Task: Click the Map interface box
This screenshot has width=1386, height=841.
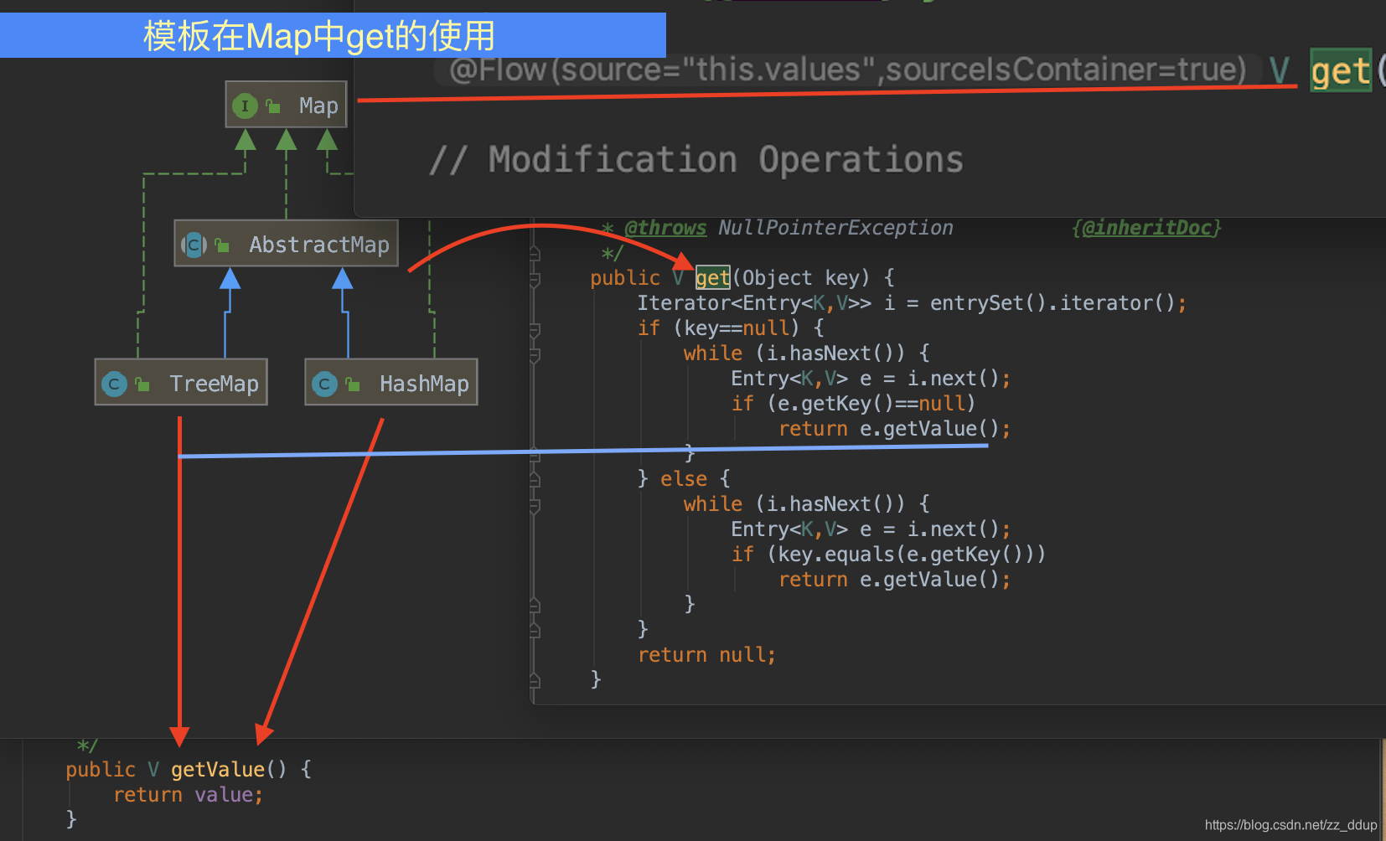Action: (286, 105)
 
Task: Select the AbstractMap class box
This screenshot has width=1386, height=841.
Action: (286, 244)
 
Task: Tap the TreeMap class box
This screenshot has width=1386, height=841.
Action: (181, 383)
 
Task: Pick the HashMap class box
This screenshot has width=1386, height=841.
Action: (391, 383)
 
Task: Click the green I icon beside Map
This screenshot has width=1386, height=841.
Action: (244, 106)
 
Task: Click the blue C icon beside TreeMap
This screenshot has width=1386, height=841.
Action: (114, 384)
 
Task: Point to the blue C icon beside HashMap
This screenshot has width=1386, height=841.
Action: (324, 384)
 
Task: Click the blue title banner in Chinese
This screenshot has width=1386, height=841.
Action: (333, 36)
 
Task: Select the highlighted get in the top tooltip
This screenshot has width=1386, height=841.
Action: (1340, 71)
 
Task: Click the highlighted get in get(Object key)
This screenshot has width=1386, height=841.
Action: (712, 277)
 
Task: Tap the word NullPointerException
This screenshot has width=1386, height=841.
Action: (835, 228)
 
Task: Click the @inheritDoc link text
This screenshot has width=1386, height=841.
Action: (1146, 228)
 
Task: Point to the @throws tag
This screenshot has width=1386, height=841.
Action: (665, 228)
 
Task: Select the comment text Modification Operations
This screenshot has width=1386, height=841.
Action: (726, 159)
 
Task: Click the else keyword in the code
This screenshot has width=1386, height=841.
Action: (683, 478)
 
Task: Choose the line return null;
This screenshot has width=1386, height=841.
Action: (706, 654)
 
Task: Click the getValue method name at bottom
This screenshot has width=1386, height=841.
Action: (217, 769)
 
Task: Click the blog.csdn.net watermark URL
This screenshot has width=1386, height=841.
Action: (1290, 825)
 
